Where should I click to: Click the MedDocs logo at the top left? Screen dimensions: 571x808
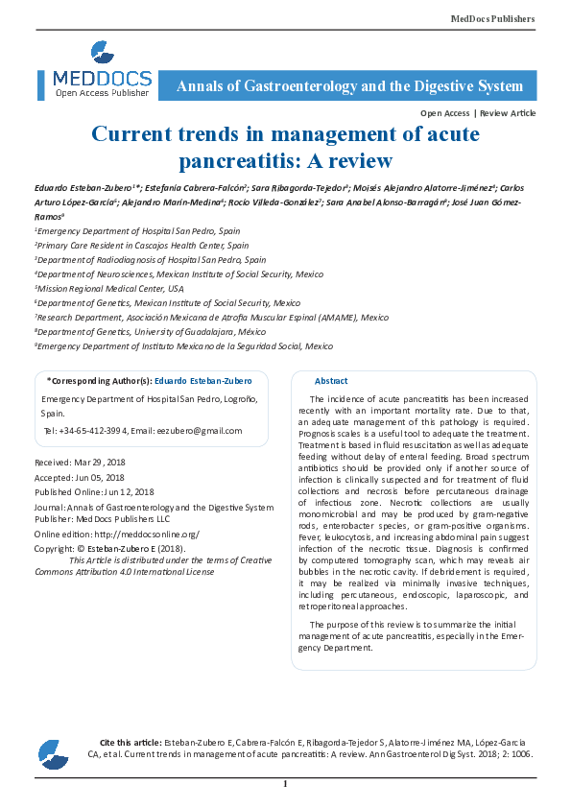point(102,69)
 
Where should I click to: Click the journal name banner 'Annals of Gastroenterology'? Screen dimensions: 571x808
point(350,86)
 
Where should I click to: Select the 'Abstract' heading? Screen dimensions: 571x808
point(331,381)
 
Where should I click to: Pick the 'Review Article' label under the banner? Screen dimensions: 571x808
point(508,113)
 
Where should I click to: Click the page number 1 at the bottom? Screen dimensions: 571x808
point(285,784)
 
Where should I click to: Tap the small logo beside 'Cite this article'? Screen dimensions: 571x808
point(54,754)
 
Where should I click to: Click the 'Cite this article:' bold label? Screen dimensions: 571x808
point(131,743)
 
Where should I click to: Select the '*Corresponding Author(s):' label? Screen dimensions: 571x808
point(99,381)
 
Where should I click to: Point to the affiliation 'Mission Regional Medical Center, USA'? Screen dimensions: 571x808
point(110,288)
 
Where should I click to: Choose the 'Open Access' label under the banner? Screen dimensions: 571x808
point(444,113)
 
